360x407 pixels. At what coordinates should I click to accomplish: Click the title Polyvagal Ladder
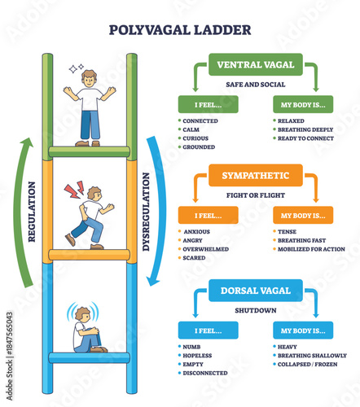pos(180,31)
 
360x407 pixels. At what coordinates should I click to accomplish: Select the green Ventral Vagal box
pos(256,63)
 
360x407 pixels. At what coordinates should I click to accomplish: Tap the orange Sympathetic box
pos(256,174)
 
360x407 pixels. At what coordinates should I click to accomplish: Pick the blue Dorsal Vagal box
pos(256,289)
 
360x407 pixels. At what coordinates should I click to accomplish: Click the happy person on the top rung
pos(89,106)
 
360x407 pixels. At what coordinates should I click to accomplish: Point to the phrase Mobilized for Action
pos(312,249)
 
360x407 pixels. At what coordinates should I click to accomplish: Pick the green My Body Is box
pos(303,104)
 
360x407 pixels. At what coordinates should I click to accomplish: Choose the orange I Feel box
pos(209,215)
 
